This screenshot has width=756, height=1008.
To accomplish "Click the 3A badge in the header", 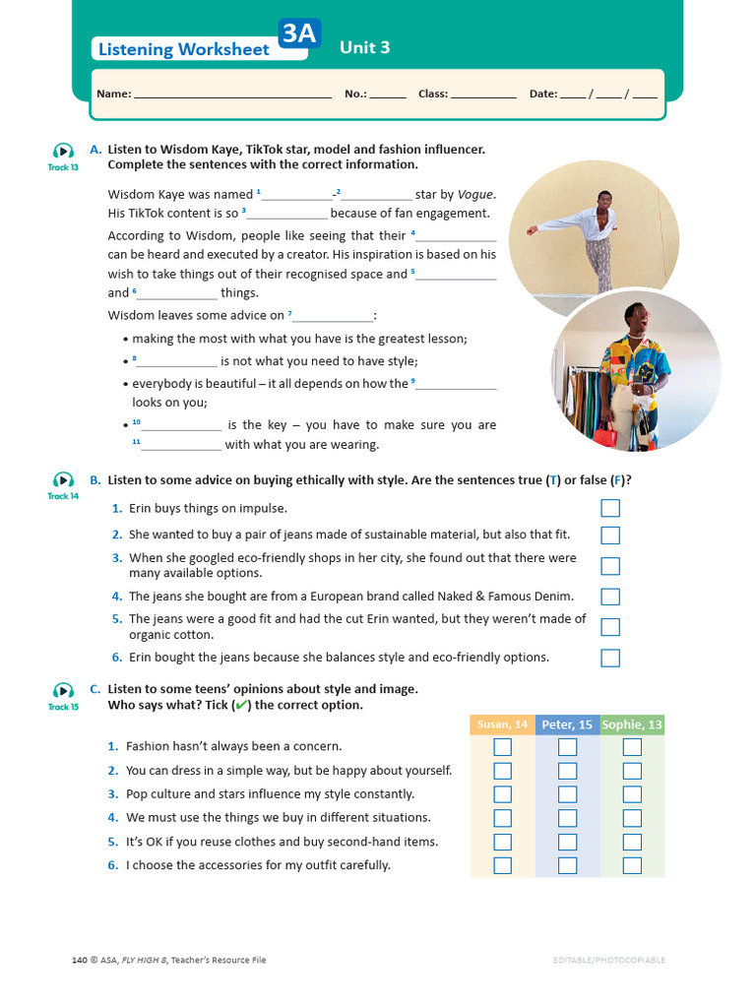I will click(299, 35).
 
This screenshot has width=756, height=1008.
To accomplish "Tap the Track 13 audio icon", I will click(63, 151).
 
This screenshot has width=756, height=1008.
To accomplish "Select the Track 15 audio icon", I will click(63, 690).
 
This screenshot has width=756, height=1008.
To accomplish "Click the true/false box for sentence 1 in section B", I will click(610, 508).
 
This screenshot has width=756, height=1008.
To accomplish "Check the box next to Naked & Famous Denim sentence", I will click(610, 597).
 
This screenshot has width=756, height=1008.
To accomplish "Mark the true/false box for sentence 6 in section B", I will click(610, 658).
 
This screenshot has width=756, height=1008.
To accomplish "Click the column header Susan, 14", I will click(502, 724).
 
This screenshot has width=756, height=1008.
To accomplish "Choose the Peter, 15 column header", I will click(567, 724).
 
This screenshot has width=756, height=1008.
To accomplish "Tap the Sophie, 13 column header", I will click(632, 724).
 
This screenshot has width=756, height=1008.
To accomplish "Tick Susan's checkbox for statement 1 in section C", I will click(502, 747).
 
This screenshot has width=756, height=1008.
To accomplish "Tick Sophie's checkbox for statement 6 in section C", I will click(632, 865).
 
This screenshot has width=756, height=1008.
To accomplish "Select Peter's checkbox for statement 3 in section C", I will click(567, 794).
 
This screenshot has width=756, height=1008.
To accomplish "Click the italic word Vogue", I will click(476, 194).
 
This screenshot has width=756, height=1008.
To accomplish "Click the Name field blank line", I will click(232, 94).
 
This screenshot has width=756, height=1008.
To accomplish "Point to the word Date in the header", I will click(542, 94).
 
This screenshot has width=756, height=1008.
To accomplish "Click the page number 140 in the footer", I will click(81, 960).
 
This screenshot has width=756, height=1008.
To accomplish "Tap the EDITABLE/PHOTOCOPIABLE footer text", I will click(608, 960).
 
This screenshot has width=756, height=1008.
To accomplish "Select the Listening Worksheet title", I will click(182, 49).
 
